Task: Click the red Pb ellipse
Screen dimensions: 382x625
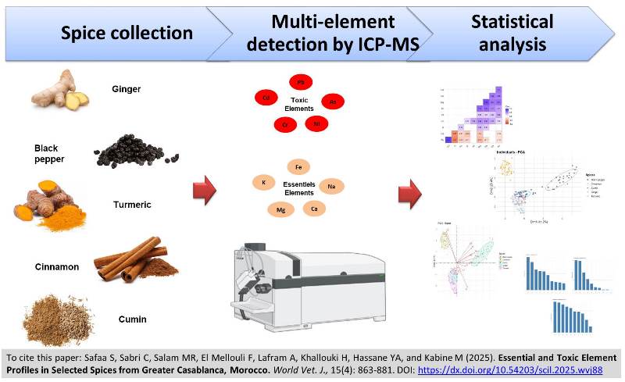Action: (x=300, y=82)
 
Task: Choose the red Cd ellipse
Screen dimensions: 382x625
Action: (x=266, y=98)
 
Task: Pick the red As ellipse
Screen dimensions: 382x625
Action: (x=333, y=102)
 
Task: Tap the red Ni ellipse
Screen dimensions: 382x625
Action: (x=316, y=123)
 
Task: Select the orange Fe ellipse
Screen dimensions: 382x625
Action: (x=298, y=166)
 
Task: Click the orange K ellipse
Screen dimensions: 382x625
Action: (x=263, y=182)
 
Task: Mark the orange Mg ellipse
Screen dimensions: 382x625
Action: (x=280, y=209)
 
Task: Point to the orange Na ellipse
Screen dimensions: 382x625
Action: (x=330, y=186)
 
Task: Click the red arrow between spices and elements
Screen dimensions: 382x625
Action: (x=204, y=191)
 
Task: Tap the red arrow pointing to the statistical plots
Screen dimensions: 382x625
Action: (x=409, y=191)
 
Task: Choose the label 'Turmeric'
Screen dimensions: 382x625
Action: (x=131, y=205)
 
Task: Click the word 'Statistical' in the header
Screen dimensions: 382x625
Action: (x=512, y=21)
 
